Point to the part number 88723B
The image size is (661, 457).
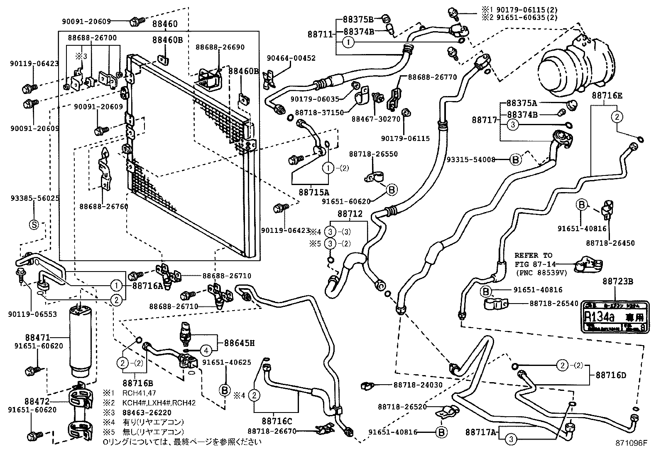pyautogui.click(x=617, y=282)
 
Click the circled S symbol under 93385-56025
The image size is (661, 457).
pyautogui.click(x=34, y=225)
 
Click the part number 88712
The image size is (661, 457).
pyautogui.click(x=350, y=214)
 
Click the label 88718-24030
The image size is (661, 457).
pyautogui.click(x=418, y=385)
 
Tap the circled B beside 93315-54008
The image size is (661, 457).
pyautogui.click(x=515, y=159)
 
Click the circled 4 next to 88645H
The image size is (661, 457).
pyautogui.click(x=206, y=350)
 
